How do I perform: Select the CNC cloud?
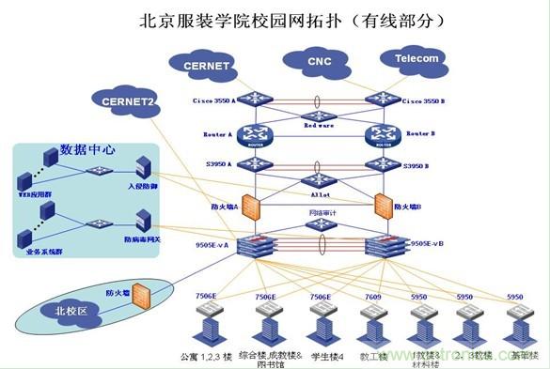(x=320, y=63)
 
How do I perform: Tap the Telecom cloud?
(x=416, y=59)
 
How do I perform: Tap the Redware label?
(x=319, y=125)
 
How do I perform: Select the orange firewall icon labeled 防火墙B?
(x=383, y=205)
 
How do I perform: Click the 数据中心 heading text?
(x=88, y=148)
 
